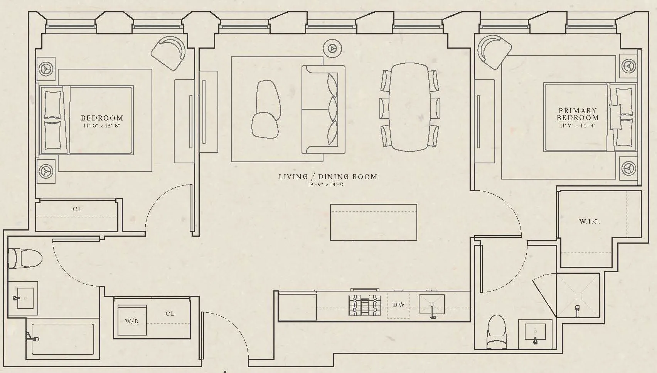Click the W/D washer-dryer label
tap(131, 321)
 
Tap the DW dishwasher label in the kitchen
tap(399, 305)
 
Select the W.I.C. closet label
tap(590, 222)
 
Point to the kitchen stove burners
tap(365, 305)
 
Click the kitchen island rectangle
tap(373, 222)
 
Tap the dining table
tap(409, 107)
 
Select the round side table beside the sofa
tap(332, 48)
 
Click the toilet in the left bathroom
tap(25, 258)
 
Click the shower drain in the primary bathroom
tap(578, 296)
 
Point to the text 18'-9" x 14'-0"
tap(326, 185)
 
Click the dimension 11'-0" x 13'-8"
tap(102, 125)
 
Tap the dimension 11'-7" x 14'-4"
tap(578, 125)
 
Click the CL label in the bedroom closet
tap(77, 209)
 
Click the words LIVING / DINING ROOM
tap(328, 177)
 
